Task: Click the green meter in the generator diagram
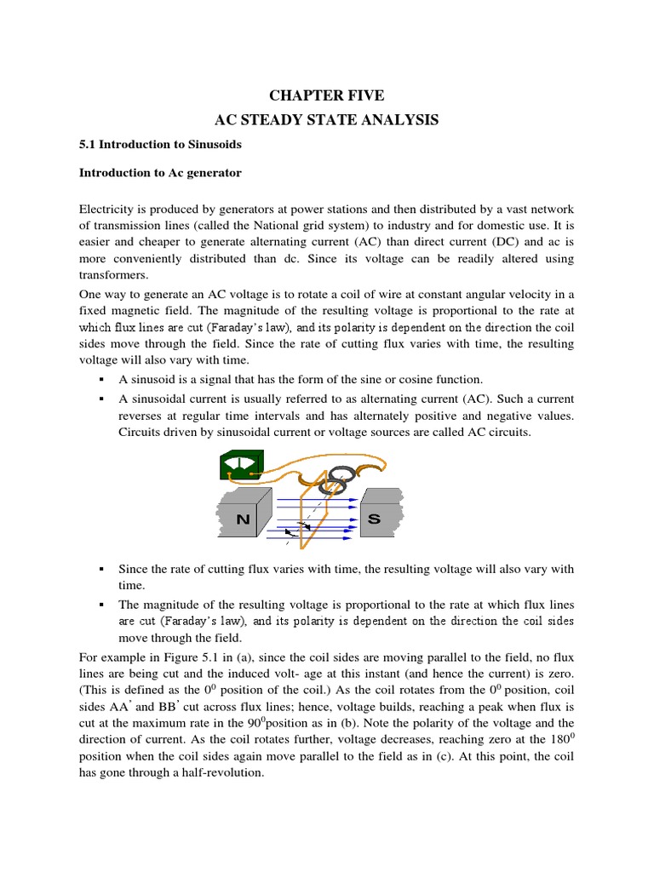point(241,468)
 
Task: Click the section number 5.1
point(88,145)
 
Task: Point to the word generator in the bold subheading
point(213,173)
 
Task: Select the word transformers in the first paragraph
point(113,275)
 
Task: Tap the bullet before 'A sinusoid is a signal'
point(101,379)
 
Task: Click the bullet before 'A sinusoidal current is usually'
point(101,399)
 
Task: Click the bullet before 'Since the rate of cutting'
point(101,568)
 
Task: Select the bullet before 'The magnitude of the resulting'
point(101,604)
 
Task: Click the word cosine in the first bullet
point(420,379)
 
